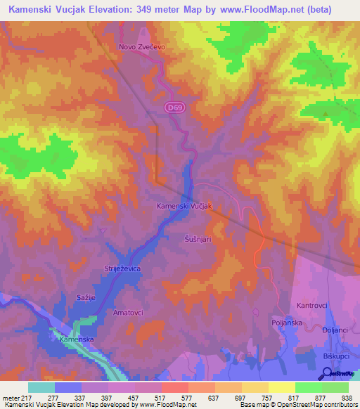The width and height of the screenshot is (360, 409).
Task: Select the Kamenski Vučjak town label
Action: (184, 206)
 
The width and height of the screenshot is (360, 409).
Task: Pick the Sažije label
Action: (85, 298)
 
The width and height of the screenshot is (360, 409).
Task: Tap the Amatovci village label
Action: (129, 311)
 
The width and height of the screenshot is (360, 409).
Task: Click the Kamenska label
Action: (77, 339)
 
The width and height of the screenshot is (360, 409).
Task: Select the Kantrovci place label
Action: (313, 306)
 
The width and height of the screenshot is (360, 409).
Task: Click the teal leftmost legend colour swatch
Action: (41, 387)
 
